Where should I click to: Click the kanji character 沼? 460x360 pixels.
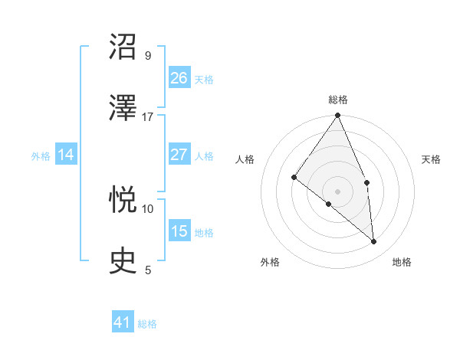pyautogui.click(x=123, y=47)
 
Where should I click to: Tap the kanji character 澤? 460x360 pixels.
pyautogui.click(x=123, y=108)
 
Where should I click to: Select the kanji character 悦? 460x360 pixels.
pyautogui.click(x=123, y=200)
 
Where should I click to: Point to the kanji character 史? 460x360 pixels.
pyautogui.click(x=123, y=261)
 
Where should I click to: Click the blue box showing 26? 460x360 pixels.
pyautogui.click(x=179, y=78)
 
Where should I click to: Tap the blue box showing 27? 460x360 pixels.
pyautogui.click(x=179, y=155)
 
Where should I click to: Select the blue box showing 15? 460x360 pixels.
pyautogui.click(x=179, y=231)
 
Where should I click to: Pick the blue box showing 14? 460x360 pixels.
pyautogui.click(x=66, y=155)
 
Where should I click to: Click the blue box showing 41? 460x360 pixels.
pyautogui.click(x=123, y=322)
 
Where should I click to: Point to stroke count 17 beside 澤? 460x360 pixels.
pyautogui.click(x=148, y=117)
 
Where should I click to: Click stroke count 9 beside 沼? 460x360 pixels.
pyautogui.click(x=148, y=56)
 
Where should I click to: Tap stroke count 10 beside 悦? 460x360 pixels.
pyautogui.click(x=148, y=208)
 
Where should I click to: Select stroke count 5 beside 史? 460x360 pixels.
pyautogui.click(x=148, y=270)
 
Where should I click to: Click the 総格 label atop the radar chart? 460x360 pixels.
pyautogui.click(x=338, y=100)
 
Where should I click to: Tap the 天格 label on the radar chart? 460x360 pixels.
pyautogui.click(x=432, y=159)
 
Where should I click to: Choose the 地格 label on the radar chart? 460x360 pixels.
pyautogui.click(x=402, y=262)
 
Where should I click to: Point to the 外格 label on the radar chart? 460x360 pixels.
pyautogui.click(x=270, y=262)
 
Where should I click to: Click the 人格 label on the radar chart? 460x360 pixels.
pyautogui.click(x=245, y=159)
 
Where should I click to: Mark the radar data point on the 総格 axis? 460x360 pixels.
pyautogui.click(x=338, y=116)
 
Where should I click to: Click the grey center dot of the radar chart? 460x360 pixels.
pyautogui.click(x=338, y=190)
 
